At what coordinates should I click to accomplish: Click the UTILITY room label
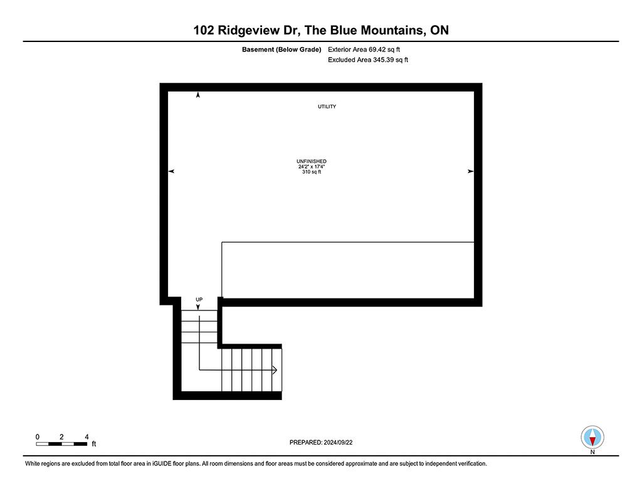[327, 107]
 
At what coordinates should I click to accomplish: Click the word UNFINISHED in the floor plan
[312, 161]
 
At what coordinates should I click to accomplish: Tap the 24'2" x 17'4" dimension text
[312, 166]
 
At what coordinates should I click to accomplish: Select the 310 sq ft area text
[312, 171]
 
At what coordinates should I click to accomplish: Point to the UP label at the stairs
[199, 300]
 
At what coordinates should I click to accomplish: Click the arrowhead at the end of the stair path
[275, 370]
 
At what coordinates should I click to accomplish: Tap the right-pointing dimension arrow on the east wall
[470, 171]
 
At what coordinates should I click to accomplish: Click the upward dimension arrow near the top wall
[198, 95]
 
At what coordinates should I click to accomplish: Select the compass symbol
[592, 436]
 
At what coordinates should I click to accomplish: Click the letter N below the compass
[592, 451]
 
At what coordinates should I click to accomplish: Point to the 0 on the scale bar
[38, 436]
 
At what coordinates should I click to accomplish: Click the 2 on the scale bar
[61, 436]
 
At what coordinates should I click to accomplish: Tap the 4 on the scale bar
[86, 436]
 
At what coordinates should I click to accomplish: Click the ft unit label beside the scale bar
[94, 444]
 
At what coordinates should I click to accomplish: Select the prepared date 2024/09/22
[343, 443]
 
